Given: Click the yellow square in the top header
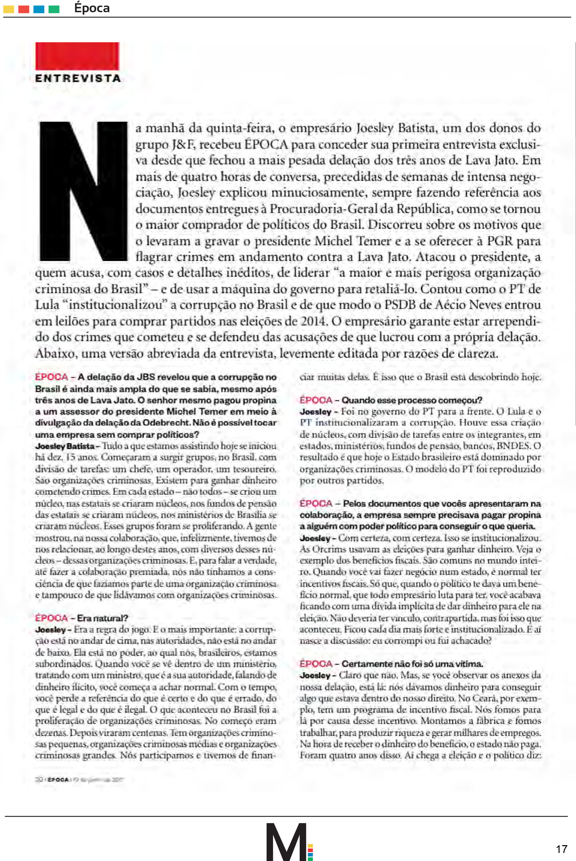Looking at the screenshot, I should (9, 9).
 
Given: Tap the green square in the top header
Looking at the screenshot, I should (54, 9).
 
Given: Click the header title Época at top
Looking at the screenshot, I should (92, 8).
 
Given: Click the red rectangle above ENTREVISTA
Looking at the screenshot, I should (77, 56).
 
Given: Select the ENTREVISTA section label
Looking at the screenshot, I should (78, 78).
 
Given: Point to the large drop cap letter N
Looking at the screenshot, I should (83, 191).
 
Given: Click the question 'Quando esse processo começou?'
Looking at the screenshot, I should (411, 400).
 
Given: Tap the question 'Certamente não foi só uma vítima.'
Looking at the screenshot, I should (412, 664).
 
